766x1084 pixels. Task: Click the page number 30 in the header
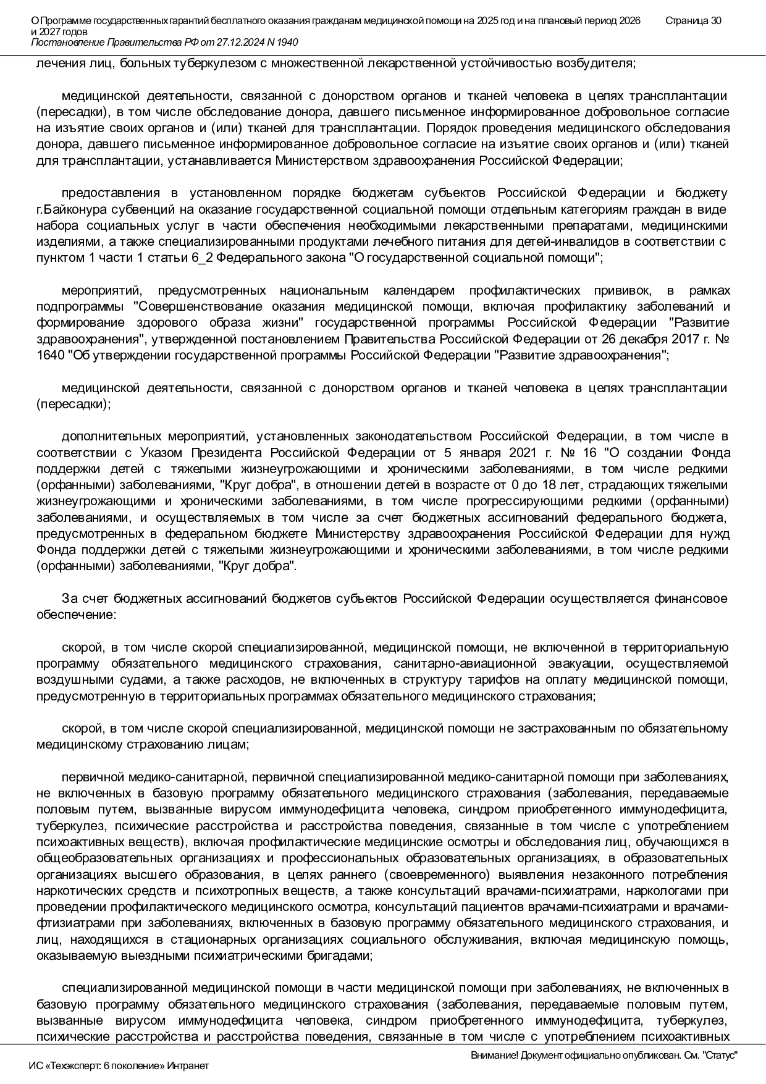715,21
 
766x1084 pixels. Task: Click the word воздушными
70,680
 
